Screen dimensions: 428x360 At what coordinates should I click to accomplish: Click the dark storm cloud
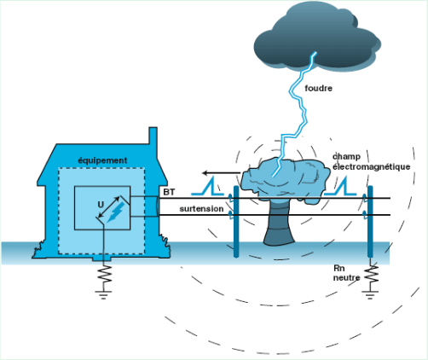(317, 37)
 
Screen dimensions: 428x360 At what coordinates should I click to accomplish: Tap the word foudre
(318, 89)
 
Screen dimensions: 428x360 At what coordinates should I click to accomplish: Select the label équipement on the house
(102, 160)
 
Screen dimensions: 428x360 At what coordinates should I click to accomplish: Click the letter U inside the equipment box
(101, 205)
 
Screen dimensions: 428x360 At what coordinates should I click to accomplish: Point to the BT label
(169, 192)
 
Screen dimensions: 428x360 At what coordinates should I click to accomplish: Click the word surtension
(201, 209)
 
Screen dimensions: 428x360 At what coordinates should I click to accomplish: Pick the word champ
(346, 157)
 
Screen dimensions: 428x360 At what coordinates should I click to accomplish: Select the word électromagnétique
(372, 166)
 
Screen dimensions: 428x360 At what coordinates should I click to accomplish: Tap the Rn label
(339, 268)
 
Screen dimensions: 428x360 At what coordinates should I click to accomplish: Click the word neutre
(346, 278)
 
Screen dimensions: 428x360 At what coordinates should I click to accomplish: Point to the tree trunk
(279, 224)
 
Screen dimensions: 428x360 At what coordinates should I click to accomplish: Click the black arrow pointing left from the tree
(222, 173)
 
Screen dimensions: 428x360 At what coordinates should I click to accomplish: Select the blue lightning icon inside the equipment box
(115, 212)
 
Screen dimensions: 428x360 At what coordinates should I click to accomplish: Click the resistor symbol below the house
(103, 274)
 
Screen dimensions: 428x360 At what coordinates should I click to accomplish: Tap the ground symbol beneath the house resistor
(103, 295)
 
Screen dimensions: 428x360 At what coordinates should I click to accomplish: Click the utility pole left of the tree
(236, 222)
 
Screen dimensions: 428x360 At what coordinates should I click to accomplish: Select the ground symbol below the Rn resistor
(370, 295)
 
